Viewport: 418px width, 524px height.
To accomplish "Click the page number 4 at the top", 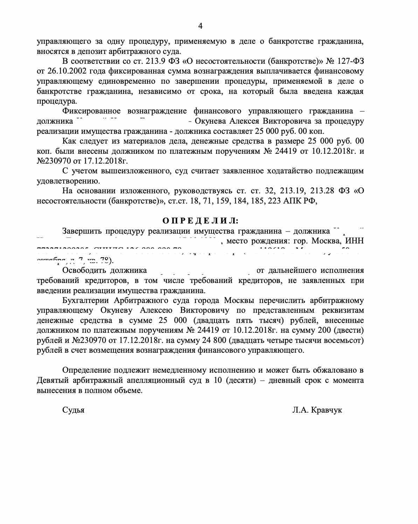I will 200,26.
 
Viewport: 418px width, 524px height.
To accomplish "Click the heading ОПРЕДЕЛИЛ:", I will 200,221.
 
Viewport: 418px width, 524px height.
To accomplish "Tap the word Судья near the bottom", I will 73,410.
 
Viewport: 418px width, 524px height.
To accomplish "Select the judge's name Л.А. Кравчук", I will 317,410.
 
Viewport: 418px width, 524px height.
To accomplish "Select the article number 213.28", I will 323,191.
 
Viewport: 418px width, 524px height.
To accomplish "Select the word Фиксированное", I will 91,111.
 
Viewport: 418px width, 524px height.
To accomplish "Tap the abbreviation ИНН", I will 354,241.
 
